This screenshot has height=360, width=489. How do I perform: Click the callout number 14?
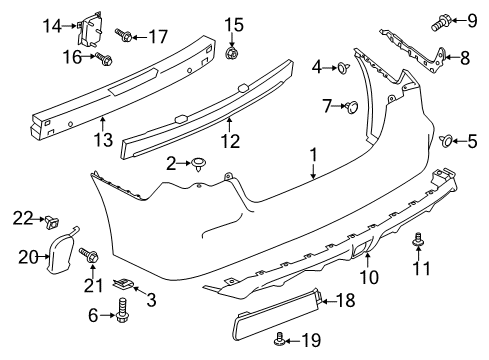pyautogui.click(x=52, y=26)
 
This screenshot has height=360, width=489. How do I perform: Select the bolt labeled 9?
pyautogui.click(x=441, y=22)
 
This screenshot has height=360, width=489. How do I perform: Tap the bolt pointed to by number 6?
pyautogui.click(x=122, y=310)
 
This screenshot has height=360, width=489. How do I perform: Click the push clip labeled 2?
pyautogui.click(x=199, y=164)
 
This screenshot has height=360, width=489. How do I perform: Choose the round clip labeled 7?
pyautogui.click(x=352, y=106)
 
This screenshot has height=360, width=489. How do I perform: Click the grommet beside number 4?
pyautogui.click(x=343, y=68)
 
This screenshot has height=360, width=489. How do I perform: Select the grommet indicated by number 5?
pyautogui.click(x=446, y=141)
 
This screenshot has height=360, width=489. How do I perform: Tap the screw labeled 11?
pyautogui.click(x=418, y=240)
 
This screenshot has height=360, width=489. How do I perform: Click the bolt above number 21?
pyautogui.click(x=88, y=256)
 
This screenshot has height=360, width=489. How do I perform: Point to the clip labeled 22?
pyautogui.click(x=51, y=222)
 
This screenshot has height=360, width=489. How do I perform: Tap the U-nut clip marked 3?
pyautogui.click(x=124, y=284)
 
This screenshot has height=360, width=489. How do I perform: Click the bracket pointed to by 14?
pyautogui.click(x=88, y=28)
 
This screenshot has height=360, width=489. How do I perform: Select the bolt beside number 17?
pyautogui.click(x=124, y=35)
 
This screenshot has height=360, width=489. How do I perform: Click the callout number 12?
pyautogui.click(x=230, y=141)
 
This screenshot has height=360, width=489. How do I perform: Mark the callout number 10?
pyautogui.click(x=369, y=277)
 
